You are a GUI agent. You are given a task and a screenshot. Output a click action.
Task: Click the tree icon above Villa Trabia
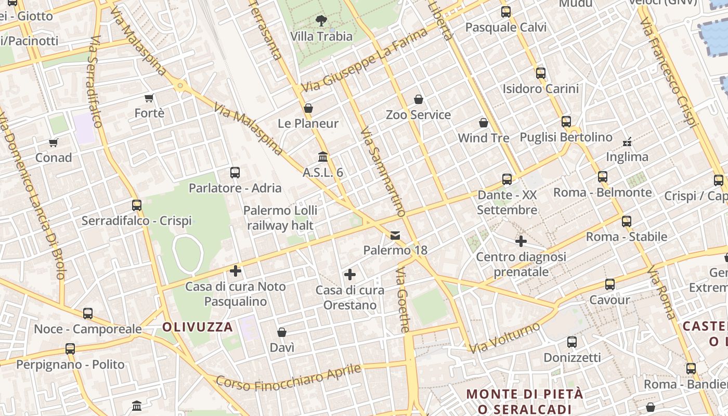[x=321, y=21]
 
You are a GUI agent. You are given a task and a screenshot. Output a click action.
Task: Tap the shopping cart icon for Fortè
[x=149, y=98]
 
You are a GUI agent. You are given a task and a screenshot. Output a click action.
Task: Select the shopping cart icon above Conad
[x=54, y=142]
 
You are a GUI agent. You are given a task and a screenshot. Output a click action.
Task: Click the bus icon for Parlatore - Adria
[x=235, y=173]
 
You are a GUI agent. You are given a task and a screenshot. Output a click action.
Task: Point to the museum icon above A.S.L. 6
[x=323, y=157]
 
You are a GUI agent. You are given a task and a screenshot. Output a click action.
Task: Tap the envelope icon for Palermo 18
[x=395, y=236]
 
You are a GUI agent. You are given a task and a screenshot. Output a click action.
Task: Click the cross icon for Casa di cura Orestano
[x=350, y=275]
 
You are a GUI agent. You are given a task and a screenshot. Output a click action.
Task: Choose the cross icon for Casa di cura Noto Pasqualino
[x=236, y=271]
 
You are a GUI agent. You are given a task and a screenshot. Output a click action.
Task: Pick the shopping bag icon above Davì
[x=282, y=332]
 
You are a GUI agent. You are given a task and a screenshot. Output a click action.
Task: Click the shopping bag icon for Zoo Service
[x=419, y=99]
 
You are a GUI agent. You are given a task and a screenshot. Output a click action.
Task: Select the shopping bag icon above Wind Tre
[x=484, y=123]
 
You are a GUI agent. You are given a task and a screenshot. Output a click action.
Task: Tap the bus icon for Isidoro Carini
[x=541, y=73]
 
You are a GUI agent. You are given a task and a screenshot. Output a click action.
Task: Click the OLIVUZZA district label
[x=198, y=327]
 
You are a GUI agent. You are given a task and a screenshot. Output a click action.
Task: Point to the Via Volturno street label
[x=505, y=337]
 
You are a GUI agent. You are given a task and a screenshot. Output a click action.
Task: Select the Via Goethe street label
[x=403, y=300]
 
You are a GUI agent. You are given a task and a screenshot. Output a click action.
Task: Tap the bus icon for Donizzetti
[x=572, y=342]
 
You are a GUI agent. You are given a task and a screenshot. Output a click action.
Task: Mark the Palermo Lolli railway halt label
[x=280, y=218]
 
